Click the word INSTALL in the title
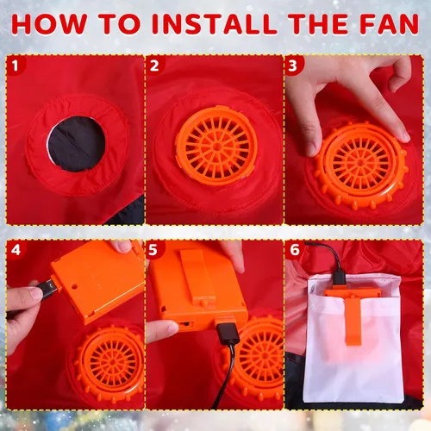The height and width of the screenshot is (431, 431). [215, 24]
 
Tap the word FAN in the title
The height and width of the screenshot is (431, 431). [390, 24]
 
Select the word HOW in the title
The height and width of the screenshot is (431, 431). [49, 24]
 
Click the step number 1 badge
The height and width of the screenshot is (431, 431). [16, 66]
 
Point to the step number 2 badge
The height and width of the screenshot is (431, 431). [154, 66]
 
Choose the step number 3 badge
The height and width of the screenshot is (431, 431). [293, 66]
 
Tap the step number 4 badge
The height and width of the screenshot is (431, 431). [16, 249]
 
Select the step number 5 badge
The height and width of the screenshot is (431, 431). [154, 249]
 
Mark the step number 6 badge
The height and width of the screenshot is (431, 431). [294, 249]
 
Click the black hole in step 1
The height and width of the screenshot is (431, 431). [77, 144]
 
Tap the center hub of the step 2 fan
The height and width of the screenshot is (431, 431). [216, 147]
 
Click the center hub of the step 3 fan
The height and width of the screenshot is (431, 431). [360, 163]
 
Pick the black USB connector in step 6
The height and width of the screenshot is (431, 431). [340, 278]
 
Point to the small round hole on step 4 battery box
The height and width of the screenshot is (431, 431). [74, 286]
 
